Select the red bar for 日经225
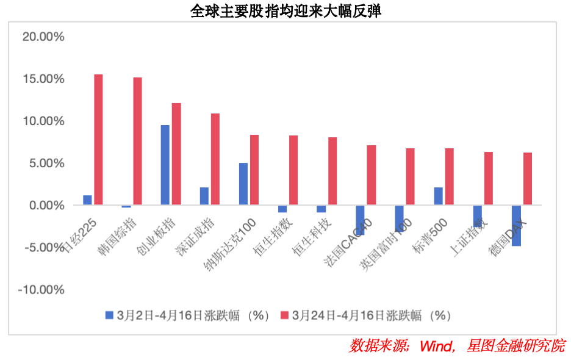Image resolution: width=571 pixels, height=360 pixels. pos(98,140)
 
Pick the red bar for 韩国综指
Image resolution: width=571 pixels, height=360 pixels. pos(137,141)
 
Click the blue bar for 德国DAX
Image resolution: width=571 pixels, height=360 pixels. pos(516,226)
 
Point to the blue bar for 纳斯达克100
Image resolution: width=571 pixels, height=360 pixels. pos(243,184)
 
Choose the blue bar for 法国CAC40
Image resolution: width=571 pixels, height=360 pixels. pos(360,220)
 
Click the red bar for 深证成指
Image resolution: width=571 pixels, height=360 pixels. pos(215,159)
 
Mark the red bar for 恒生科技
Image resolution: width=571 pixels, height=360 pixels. pos(332,171)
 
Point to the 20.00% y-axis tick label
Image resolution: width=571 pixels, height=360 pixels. pos(43,37)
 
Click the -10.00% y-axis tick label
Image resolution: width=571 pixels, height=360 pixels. pos(41,290)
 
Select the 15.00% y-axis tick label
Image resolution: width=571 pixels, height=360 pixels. pos(43,79)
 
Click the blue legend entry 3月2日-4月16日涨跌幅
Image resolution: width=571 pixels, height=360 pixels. pos(187,315)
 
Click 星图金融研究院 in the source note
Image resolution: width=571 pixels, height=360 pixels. pos(515,346)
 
